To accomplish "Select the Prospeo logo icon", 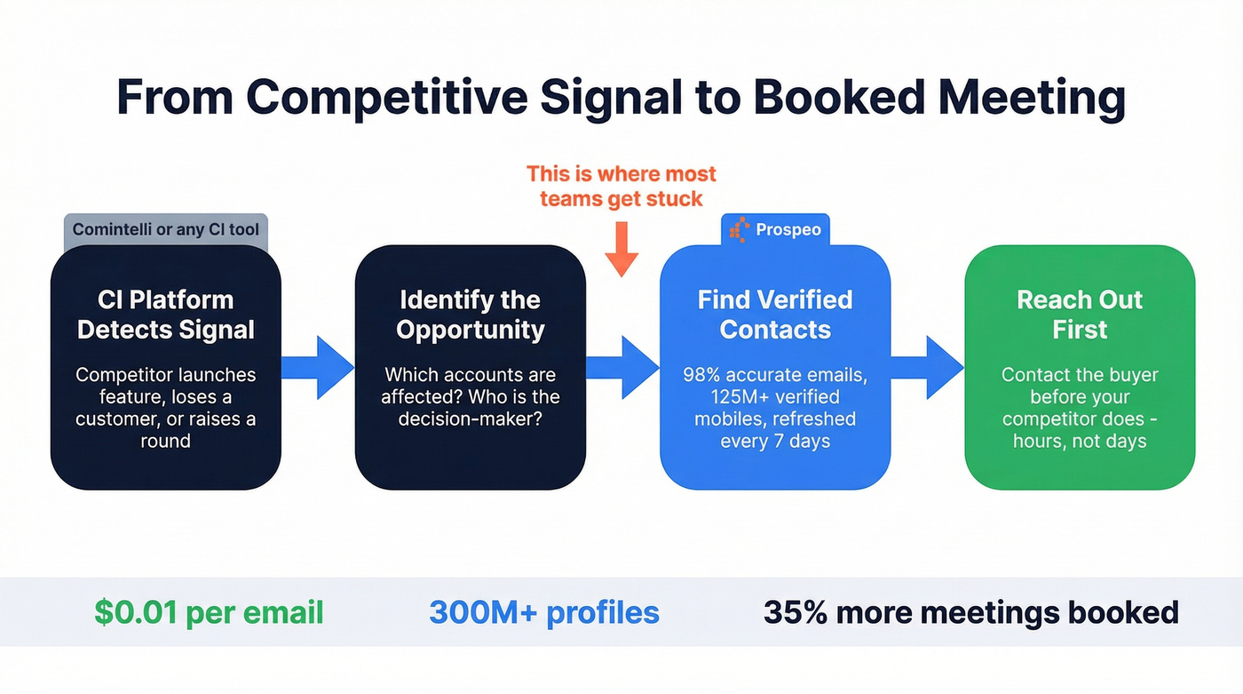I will pos(739,230).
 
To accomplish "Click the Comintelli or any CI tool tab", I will pos(166,229).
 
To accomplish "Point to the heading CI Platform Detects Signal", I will pos(166,315).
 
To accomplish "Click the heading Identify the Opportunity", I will pos(471,315).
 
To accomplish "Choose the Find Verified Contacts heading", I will pos(775,315).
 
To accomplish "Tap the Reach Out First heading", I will pos(1080,315).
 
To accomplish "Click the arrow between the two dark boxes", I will pos(318,367).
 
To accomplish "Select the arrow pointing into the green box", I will pos(927,367).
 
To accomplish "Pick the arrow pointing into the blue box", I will pos(622,367).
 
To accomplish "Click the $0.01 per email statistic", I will pos(209,612).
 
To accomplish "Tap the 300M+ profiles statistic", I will pos(544,612).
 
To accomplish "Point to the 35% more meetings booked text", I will pos(971,612).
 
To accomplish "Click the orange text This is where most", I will pos(621,173).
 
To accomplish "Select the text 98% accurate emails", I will pos(775,374).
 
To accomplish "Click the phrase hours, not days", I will pos(1080,441).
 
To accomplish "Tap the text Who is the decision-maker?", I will pos(471,407).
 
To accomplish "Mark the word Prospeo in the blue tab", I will pos(788,230).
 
